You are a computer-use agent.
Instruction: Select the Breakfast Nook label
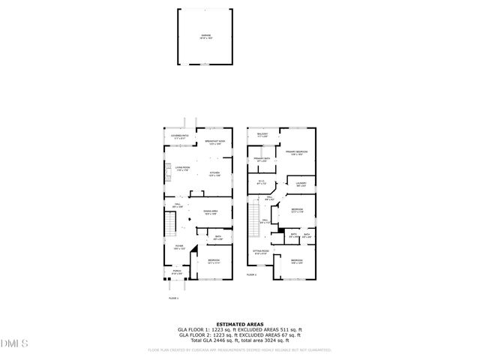pyautogui.click(x=216, y=142)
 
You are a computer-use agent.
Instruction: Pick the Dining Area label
pyautogui.click(x=210, y=213)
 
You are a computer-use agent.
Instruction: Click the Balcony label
pyautogui.click(x=262, y=136)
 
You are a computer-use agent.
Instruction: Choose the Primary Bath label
pyautogui.click(x=261, y=160)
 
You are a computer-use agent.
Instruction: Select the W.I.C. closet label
pyautogui.click(x=261, y=182)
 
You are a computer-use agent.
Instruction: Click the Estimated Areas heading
pyautogui.click(x=240, y=325)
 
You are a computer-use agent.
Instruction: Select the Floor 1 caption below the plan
pyautogui.click(x=174, y=298)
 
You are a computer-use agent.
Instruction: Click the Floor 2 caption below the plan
pyautogui.click(x=253, y=275)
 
